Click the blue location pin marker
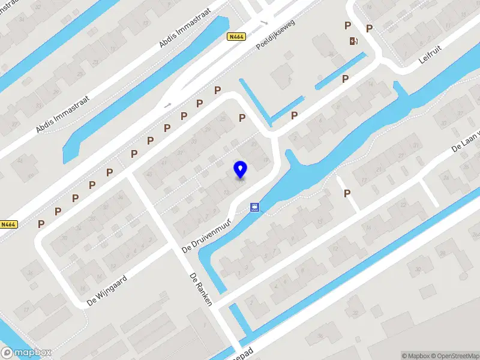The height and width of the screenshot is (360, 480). [x=241, y=170]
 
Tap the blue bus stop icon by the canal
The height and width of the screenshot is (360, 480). [x=256, y=208]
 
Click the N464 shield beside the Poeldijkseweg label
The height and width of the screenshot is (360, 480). [x=237, y=37]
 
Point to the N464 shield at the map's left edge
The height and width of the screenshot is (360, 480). [x=8, y=224]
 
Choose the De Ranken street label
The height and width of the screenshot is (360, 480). [x=200, y=290]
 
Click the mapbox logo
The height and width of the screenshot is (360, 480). [x=26, y=353]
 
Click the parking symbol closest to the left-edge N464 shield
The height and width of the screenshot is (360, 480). [x=41, y=223]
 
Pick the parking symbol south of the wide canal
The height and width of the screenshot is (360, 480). [x=347, y=193]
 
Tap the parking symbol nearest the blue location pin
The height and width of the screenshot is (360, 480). [x=242, y=118]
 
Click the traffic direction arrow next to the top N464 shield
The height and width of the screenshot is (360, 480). [x=263, y=23]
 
